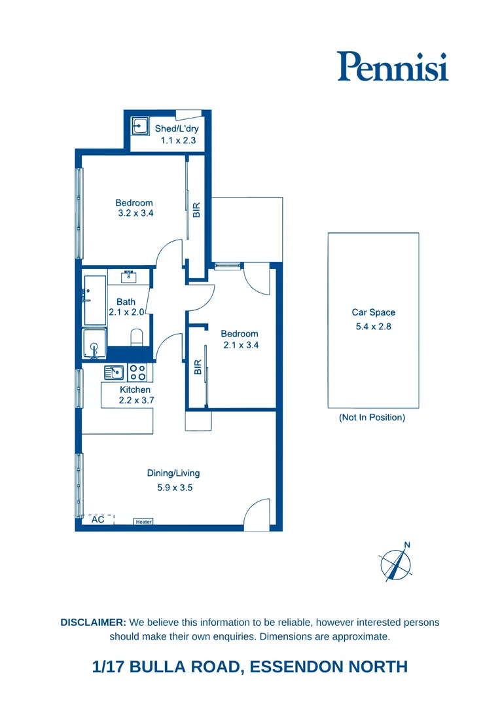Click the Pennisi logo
[393, 66]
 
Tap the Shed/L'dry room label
[177, 128]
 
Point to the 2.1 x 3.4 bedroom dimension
[240, 345]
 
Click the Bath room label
[126, 302]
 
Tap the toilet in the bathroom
[137, 338]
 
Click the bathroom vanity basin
[130, 276]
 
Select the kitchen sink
[114, 372]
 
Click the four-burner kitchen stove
[137, 372]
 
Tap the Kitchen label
[135, 390]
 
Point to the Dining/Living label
[173, 473]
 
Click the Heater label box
[143, 522]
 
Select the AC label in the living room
[98, 519]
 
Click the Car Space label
[373, 312]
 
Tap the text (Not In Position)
[372, 418]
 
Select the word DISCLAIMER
[93, 622]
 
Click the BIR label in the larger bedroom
[196, 210]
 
